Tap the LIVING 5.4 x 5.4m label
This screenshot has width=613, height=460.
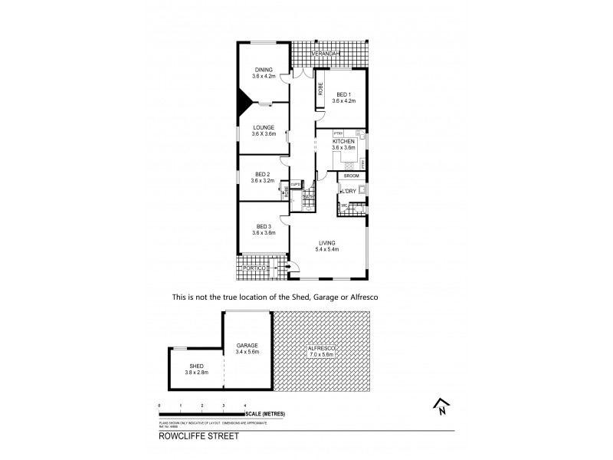(328, 246)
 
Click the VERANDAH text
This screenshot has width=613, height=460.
(327, 54)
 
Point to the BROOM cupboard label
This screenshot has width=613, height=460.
(352, 176)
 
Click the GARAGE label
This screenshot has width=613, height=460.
(247, 347)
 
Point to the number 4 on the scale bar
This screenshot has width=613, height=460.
(245, 405)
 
